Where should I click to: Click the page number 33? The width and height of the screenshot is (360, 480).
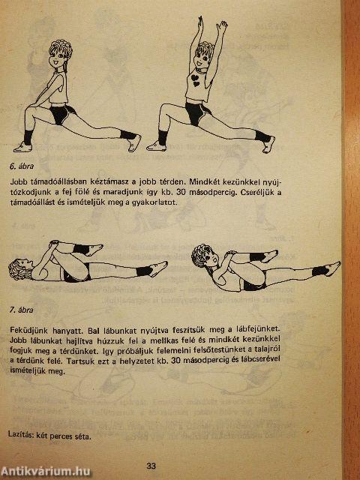pos(151,466)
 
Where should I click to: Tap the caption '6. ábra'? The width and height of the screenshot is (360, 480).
pos(22,166)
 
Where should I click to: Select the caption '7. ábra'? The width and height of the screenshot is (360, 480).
pos(22,310)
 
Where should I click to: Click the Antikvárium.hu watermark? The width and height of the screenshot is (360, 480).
pos(45,472)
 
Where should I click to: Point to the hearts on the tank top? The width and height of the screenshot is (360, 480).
pos(195,80)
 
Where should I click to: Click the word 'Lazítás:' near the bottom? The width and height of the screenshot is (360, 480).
pos(21,435)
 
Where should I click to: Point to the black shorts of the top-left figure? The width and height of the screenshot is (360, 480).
pos(61,114)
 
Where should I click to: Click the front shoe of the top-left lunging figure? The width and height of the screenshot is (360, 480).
pos(22,147)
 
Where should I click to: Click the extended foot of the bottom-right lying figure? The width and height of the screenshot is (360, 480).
pos(332,268)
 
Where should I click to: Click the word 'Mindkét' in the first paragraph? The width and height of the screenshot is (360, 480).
pos(202,181)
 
